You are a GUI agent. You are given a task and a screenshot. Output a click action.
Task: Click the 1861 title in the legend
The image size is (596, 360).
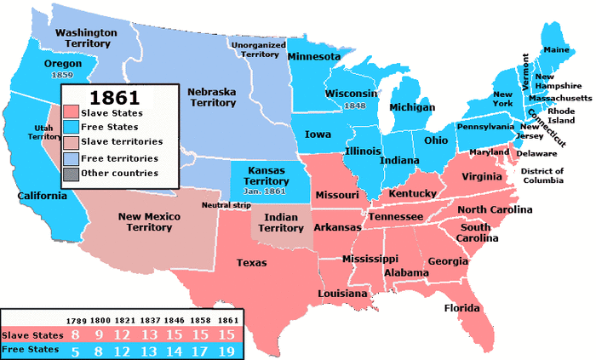click(x=116, y=95)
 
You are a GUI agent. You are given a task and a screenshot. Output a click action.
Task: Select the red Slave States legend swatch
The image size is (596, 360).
click(x=72, y=112)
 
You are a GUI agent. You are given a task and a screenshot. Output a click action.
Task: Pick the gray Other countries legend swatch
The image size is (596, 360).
click(x=72, y=174)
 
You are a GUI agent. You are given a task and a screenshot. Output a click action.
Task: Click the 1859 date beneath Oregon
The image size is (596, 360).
click(x=62, y=76)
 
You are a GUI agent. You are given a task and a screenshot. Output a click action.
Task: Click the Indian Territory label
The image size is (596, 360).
click(x=281, y=223)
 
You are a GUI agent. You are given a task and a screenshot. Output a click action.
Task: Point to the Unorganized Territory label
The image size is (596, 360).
click(x=260, y=49)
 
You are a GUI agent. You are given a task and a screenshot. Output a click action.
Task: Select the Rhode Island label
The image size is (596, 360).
click(x=561, y=115)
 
